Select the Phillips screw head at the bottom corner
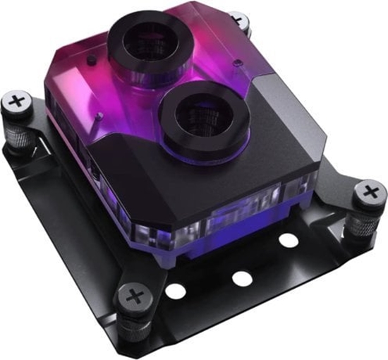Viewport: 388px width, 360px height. pos(135,296)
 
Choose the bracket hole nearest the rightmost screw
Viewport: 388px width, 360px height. pos(288,241)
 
